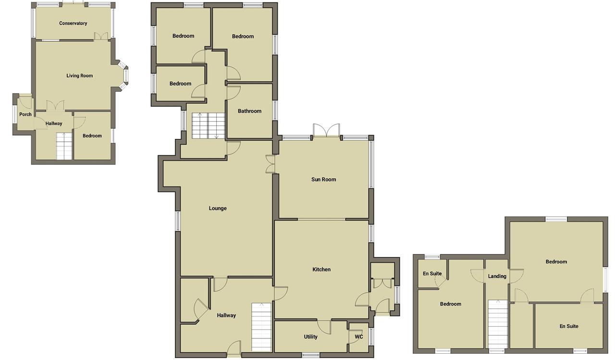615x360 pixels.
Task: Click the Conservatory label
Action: pyautogui.click(x=73, y=24)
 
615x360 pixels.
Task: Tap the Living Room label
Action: pyautogui.click(x=79, y=75)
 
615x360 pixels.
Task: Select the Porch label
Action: pyautogui.click(x=25, y=114)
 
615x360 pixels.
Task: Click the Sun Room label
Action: pyautogui.click(x=323, y=179)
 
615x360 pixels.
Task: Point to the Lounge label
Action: pyautogui.click(x=218, y=208)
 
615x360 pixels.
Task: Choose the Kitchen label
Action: pyautogui.click(x=321, y=269)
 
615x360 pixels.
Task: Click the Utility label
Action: pyautogui.click(x=310, y=336)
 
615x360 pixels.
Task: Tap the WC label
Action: pyautogui.click(x=358, y=336)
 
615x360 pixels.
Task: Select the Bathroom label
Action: pyautogui.click(x=249, y=111)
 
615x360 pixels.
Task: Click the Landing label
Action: pyautogui.click(x=497, y=276)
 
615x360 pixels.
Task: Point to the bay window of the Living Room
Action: pyautogui.click(x=123, y=75)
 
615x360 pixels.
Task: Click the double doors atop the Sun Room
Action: pyautogui.click(x=326, y=130)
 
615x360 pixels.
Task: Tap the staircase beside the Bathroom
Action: pyautogui.click(x=209, y=126)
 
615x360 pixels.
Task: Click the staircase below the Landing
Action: pyautogui.click(x=497, y=324)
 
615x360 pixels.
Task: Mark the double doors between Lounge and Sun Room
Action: pyautogui.click(x=270, y=164)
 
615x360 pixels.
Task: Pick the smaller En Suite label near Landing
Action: pyautogui.click(x=432, y=273)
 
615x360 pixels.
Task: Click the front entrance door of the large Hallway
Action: pyautogui.click(x=234, y=348)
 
